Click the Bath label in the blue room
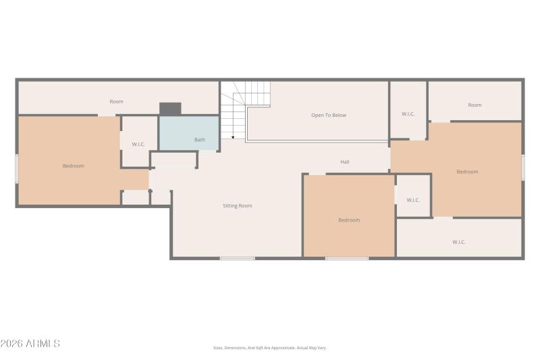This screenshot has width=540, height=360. (x=200, y=140)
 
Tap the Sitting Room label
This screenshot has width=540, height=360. (x=238, y=205)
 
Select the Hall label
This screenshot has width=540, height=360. (x=345, y=162)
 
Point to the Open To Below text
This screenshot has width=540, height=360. (x=329, y=115)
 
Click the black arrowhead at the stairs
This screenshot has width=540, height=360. (x=232, y=136)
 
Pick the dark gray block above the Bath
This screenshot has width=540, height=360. (x=170, y=109)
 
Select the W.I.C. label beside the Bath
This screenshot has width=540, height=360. (x=138, y=144)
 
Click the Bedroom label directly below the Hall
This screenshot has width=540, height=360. (x=349, y=220)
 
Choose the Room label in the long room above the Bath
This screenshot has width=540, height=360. (x=117, y=101)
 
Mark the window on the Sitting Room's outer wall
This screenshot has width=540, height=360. (x=237, y=258)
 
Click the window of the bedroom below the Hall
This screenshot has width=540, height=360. (x=347, y=258)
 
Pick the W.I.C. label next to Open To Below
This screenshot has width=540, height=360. (x=408, y=113)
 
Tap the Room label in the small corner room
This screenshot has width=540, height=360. (x=475, y=105)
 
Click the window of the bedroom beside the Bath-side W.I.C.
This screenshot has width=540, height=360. (x=17, y=168)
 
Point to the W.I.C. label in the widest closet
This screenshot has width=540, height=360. (x=459, y=242)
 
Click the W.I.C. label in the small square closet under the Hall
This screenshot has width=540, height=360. (x=413, y=200)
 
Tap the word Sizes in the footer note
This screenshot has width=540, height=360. (x=219, y=348)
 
